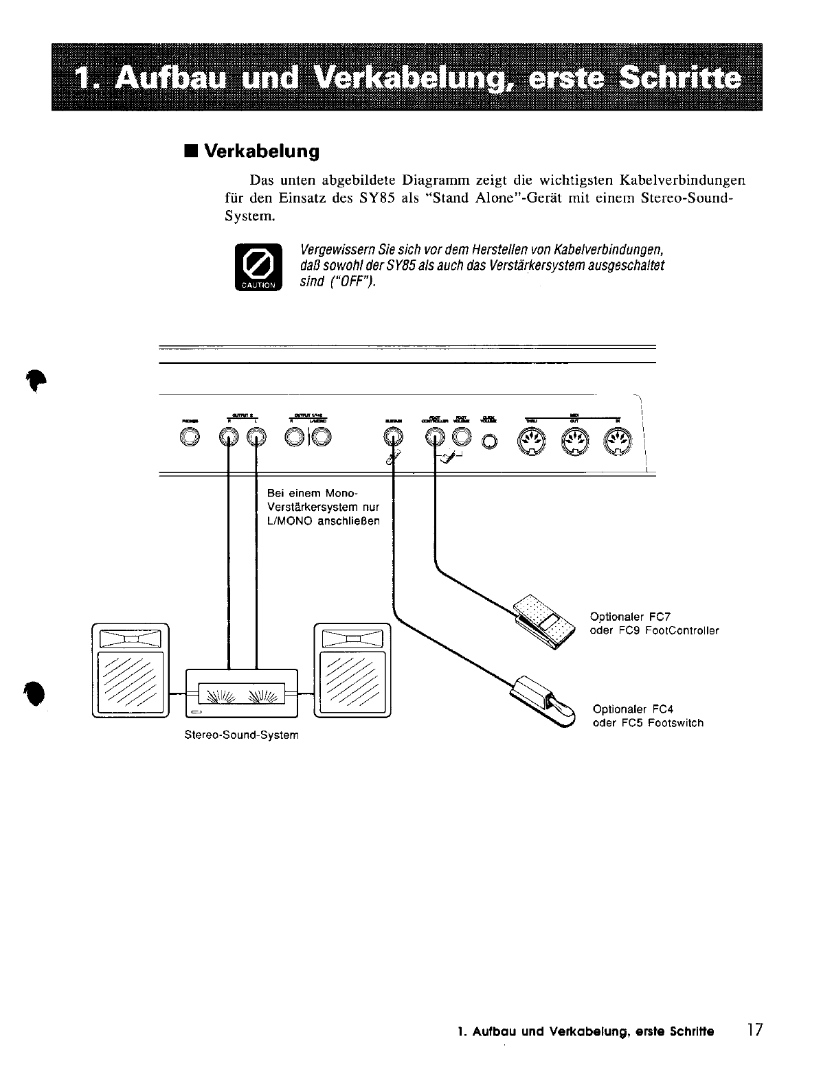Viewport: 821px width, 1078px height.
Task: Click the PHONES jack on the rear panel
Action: [x=190, y=437]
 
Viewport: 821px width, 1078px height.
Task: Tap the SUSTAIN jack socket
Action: [x=393, y=437]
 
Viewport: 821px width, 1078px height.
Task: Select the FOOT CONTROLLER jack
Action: [x=435, y=437]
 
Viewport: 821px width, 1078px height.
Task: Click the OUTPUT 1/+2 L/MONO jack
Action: [x=321, y=437]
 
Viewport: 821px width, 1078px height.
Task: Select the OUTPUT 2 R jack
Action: [x=229, y=437]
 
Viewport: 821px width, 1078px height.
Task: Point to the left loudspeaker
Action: [x=130, y=669]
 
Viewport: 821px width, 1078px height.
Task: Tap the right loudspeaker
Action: [x=352, y=669]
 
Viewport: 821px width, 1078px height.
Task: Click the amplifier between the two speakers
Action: [x=242, y=693]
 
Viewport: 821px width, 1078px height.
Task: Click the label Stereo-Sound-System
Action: [x=241, y=735]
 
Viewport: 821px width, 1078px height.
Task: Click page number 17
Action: [x=754, y=1030]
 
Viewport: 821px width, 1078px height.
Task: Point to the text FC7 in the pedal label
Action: [x=660, y=617]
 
